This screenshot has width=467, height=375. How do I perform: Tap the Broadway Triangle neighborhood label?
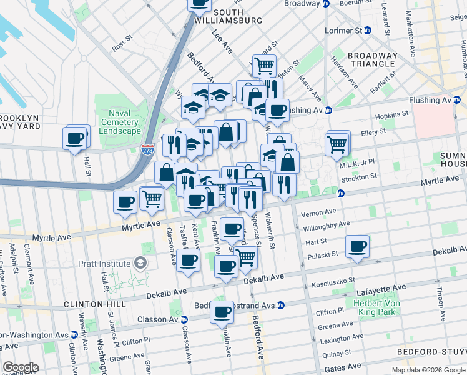pyautogui.click(x=372, y=59)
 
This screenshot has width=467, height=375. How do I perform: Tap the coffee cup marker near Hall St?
pyautogui.click(x=76, y=137)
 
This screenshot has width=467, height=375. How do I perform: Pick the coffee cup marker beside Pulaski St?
pyautogui.click(x=357, y=246)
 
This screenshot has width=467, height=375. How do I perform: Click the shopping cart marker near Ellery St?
pyautogui.click(x=337, y=143)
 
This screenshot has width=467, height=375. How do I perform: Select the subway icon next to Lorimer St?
pyautogui.click(x=368, y=30)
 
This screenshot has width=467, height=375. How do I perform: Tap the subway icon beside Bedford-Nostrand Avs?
pyautogui.click(x=281, y=306)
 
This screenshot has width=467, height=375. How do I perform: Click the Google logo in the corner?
pyautogui.click(x=21, y=367)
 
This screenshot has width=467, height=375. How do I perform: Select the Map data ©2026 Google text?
pyautogui.click(x=428, y=369)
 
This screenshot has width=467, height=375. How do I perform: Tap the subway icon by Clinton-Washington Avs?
pyautogui.click(x=74, y=334)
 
